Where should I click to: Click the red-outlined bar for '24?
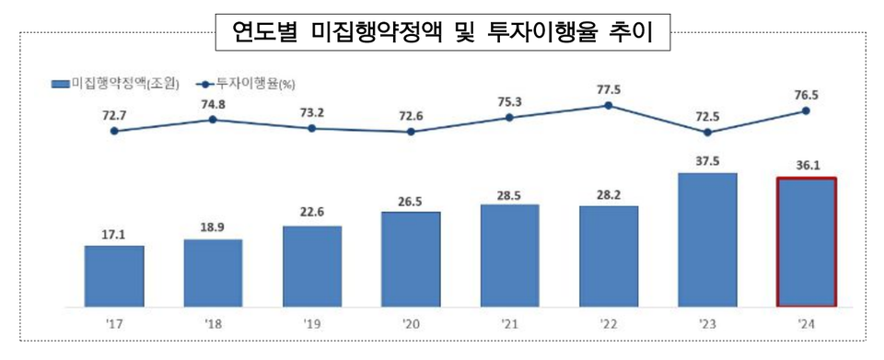pyautogui.click(x=807, y=241)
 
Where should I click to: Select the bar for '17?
pyautogui.click(x=114, y=275)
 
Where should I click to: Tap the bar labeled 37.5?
pyautogui.click(x=707, y=239)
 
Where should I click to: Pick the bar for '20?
pyautogui.click(x=411, y=259)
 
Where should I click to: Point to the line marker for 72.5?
pyautogui.click(x=707, y=133)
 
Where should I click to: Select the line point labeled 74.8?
pyautogui.click(x=213, y=119)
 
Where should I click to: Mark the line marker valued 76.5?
pyautogui.click(x=806, y=110)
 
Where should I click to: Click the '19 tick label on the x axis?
pyautogui.click(x=311, y=323)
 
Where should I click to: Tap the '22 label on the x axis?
pyautogui.click(x=609, y=323)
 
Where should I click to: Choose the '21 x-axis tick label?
pyautogui.click(x=509, y=323)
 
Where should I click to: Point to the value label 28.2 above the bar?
pyautogui.click(x=609, y=195)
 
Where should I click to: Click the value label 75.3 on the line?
pyautogui.click(x=509, y=102)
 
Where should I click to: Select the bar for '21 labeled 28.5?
pyautogui.click(x=509, y=255)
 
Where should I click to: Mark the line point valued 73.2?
pyautogui.click(x=311, y=128)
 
